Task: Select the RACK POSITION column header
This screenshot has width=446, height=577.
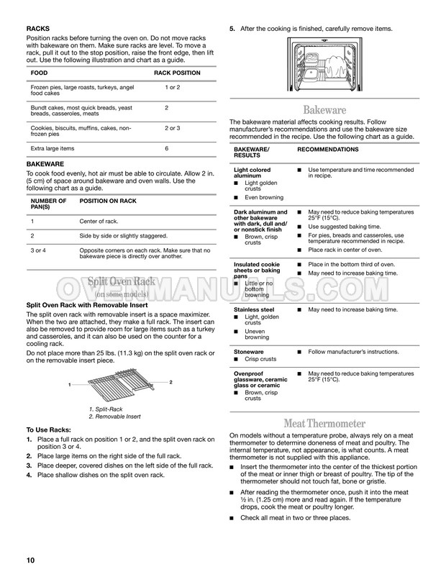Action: tap(178, 73)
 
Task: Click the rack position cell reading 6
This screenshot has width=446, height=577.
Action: tap(166, 148)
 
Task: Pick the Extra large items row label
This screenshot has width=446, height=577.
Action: tap(52, 148)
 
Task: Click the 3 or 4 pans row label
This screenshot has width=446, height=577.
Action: tap(39, 250)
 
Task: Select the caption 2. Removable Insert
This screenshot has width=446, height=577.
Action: tap(116, 417)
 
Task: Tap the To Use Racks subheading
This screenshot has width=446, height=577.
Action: tap(51, 430)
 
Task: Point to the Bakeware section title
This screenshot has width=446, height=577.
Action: tap(324, 109)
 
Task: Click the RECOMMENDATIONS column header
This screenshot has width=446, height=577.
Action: tap(328, 150)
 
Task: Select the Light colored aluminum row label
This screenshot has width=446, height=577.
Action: tap(252, 173)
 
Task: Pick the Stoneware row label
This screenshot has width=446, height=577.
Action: tap(249, 352)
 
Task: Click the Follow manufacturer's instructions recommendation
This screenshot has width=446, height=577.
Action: tap(353, 352)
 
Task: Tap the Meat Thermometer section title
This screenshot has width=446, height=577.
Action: tap(324, 423)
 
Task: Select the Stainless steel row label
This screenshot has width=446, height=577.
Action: tap(254, 309)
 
